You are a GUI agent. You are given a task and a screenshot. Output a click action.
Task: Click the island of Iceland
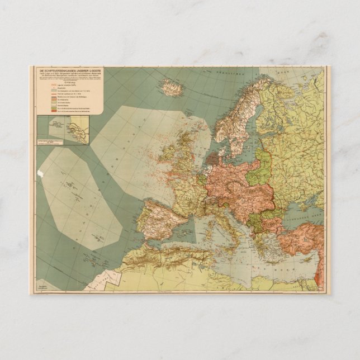click(172, 87)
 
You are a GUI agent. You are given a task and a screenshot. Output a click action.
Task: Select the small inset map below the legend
click(62, 129)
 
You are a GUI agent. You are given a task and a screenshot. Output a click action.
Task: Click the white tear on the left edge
click(39, 175)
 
